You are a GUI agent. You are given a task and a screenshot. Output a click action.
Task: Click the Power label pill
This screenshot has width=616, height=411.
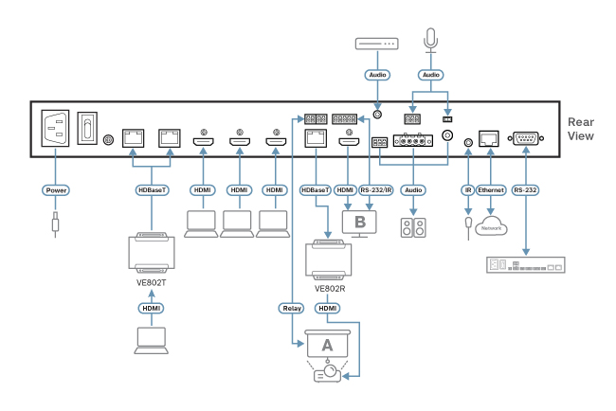[56, 189]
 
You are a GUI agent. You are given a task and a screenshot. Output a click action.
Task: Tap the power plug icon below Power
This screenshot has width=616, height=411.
[56, 224]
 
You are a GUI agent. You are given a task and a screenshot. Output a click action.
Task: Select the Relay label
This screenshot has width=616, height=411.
[292, 307]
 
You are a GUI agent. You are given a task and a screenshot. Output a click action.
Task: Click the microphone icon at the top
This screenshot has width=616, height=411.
[431, 37]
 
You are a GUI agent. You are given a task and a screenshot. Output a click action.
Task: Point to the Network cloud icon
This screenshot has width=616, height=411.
[490, 225]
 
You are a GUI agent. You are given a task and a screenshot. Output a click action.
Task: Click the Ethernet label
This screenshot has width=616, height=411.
[491, 189]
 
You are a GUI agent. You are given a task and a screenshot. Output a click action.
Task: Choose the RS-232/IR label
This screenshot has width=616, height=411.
[379, 189]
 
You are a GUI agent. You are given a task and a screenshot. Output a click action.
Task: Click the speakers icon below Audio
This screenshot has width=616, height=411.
[412, 228]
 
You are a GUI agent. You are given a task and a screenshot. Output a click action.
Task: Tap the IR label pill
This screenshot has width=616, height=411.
[467, 189]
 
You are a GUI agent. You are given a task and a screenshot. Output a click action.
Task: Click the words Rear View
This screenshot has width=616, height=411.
[580, 130]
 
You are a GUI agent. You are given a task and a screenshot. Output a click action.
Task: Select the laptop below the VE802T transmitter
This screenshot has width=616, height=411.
[151, 340]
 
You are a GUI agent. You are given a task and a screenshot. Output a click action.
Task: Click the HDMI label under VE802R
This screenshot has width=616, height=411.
[328, 307]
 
